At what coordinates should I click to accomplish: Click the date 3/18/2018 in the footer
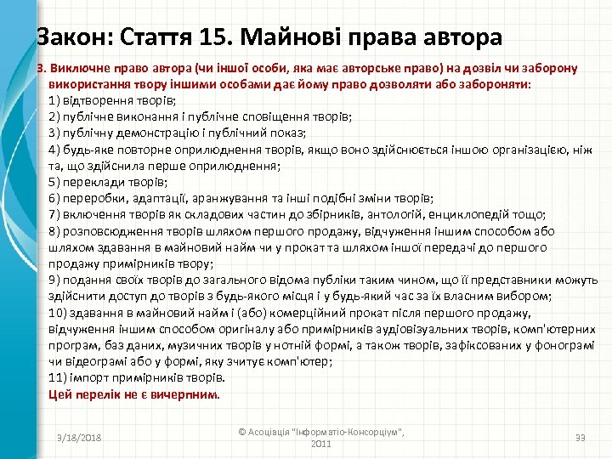tap(78, 437)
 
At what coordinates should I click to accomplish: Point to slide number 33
tap(581, 437)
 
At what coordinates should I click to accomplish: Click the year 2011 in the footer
tap(320, 444)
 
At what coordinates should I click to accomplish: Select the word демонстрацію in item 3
tap(155, 133)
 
